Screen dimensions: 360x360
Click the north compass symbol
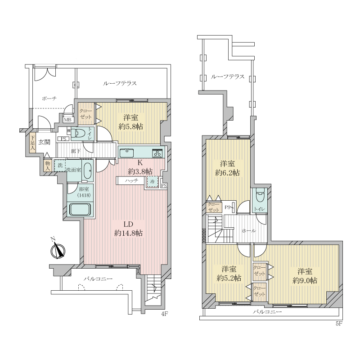pyautogui.click(x=58, y=250)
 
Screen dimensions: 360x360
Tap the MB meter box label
pyautogui.click(x=67, y=120)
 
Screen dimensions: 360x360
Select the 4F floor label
pyautogui.click(x=165, y=314)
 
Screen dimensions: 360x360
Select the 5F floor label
pyautogui.click(x=339, y=324)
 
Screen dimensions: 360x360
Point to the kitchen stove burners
pyautogui.click(x=158, y=153)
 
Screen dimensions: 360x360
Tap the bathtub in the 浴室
pyautogui.click(x=80, y=209)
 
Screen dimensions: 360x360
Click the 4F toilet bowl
pyautogui.click(x=77, y=133)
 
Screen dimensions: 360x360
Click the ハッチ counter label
pyautogui.click(x=131, y=180)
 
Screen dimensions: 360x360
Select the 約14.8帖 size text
pyautogui.click(x=128, y=233)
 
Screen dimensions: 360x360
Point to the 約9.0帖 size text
pyautogui.click(x=305, y=280)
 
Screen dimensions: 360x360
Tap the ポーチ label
pyautogui.click(x=49, y=99)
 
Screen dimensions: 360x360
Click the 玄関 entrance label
pyautogui.click(x=44, y=142)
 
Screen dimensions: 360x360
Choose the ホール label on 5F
pyautogui.click(x=249, y=231)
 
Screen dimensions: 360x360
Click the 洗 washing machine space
pyautogui.click(x=60, y=165)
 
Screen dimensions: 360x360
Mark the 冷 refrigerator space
pyautogui.click(x=153, y=181)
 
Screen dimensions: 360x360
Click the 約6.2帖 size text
pyautogui.click(x=227, y=173)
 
